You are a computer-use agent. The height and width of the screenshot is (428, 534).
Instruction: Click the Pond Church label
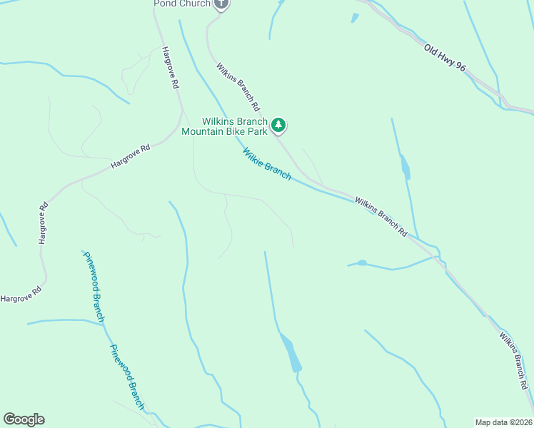click(x=182, y=4)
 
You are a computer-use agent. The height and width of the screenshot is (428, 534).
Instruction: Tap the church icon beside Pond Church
click(x=221, y=4)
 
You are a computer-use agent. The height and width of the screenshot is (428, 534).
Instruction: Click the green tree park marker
click(x=278, y=126)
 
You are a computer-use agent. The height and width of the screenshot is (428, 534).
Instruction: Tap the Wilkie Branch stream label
click(x=266, y=164)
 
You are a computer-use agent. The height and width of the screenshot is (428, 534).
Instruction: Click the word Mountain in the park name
click(x=208, y=131)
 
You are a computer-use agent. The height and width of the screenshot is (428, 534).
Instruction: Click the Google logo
click(x=24, y=419)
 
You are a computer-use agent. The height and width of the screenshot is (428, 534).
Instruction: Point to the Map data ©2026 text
click(x=503, y=422)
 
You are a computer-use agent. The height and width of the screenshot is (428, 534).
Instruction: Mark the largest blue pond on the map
click(x=291, y=352)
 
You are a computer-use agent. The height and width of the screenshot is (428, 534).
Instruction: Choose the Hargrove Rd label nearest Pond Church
click(x=169, y=68)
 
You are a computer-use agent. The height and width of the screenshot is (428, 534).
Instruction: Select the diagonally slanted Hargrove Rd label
click(x=131, y=157)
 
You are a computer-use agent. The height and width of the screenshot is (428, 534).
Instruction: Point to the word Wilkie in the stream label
click(x=253, y=156)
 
